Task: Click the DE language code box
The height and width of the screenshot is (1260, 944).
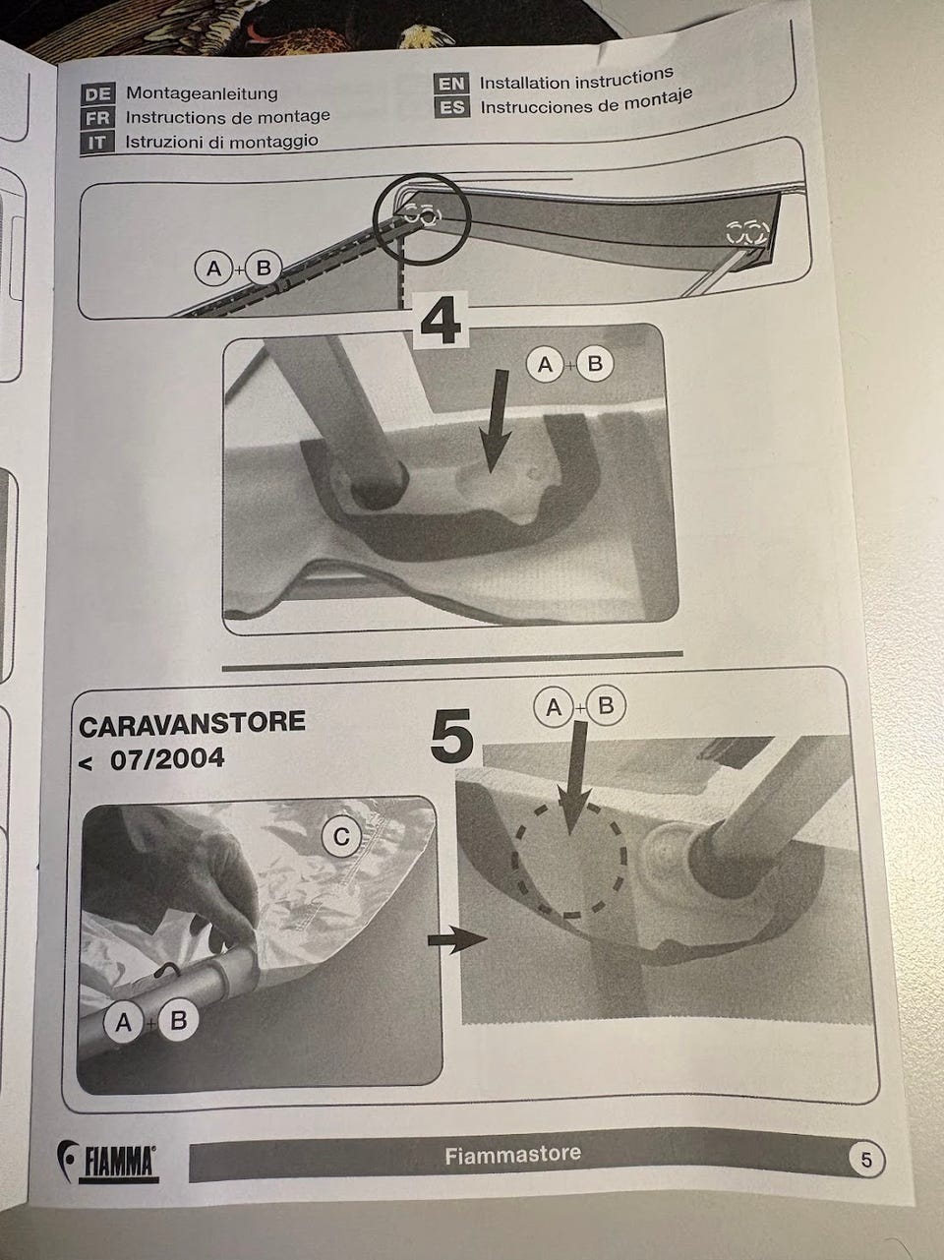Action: (98, 94)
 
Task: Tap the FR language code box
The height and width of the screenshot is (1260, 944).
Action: (97, 118)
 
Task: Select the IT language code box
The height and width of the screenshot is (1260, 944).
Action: (97, 143)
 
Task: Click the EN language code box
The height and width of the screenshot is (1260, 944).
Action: (451, 84)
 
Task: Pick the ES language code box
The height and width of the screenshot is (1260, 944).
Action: (452, 107)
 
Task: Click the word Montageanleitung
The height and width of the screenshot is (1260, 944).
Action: (202, 93)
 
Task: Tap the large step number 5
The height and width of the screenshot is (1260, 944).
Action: (451, 737)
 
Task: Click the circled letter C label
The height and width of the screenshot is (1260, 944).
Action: (341, 837)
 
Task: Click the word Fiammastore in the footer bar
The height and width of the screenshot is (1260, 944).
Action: (512, 1152)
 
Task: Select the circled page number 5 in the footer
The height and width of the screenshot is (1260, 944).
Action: (866, 1160)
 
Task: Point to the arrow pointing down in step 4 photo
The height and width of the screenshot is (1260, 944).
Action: (495, 422)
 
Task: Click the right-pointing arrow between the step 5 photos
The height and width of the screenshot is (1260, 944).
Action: (457, 939)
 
